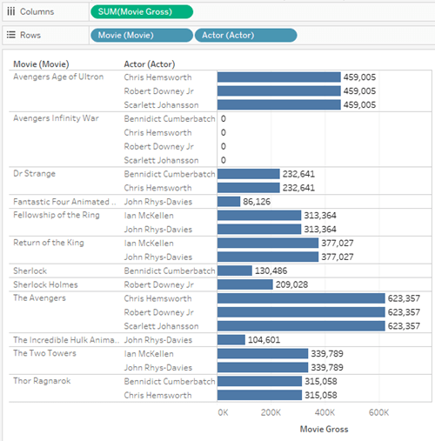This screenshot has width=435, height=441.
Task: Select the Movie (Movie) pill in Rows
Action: [x=141, y=36]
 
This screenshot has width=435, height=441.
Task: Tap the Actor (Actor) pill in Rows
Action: [x=245, y=36]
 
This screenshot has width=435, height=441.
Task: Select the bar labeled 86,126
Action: [x=228, y=202]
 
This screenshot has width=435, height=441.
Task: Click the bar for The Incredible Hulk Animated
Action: [x=231, y=340]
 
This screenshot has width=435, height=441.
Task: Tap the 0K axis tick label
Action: [x=223, y=412]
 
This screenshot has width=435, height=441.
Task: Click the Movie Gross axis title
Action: [x=324, y=429]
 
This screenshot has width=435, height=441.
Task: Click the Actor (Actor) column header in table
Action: [x=152, y=64]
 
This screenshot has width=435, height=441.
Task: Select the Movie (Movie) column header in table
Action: [x=41, y=64]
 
